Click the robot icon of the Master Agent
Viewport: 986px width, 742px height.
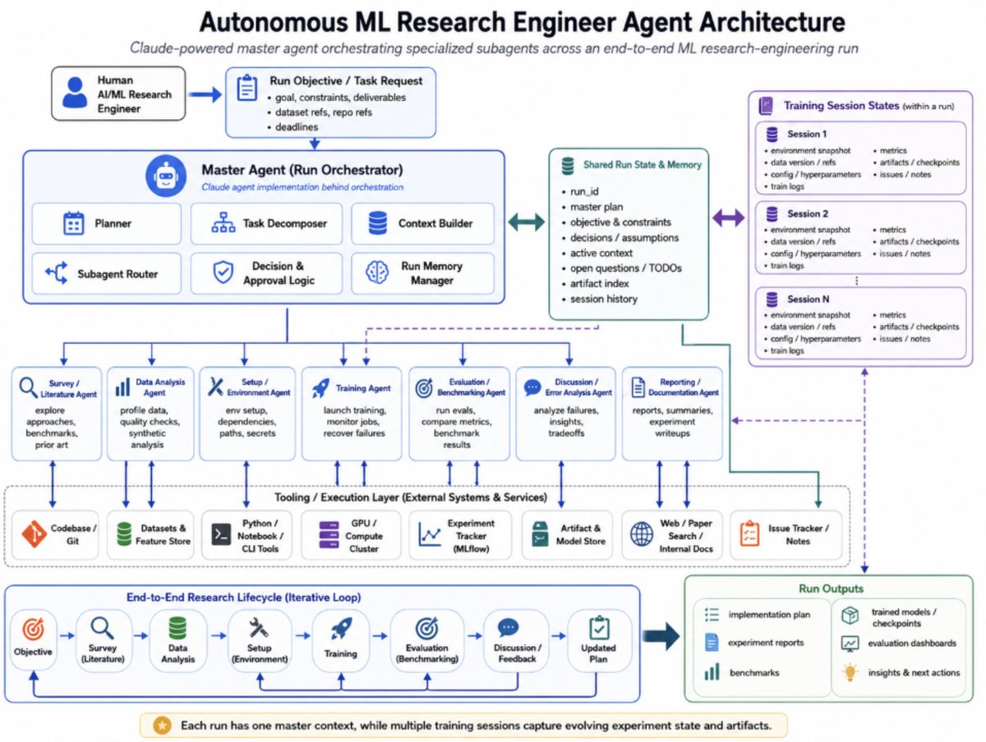(x=166, y=176)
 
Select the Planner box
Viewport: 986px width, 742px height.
(x=107, y=223)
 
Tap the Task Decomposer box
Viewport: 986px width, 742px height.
(x=266, y=223)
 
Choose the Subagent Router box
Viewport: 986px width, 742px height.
(x=107, y=273)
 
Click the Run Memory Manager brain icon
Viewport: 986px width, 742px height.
(x=377, y=273)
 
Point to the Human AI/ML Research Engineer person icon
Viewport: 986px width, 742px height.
(x=75, y=93)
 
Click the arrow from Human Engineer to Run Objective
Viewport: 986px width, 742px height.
(x=205, y=94)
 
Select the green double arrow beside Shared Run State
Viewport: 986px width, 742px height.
(x=527, y=222)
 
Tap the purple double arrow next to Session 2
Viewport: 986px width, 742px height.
(x=728, y=218)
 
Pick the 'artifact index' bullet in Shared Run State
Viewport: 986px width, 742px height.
(x=599, y=283)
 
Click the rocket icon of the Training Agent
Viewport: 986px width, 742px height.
(x=320, y=387)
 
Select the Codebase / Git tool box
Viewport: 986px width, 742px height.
(x=55, y=534)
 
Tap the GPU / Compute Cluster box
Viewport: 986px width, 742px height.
(x=350, y=534)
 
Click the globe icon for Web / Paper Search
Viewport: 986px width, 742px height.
(x=642, y=534)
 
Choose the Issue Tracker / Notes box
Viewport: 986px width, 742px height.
(x=786, y=534)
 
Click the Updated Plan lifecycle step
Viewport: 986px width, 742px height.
(x=599, y=640)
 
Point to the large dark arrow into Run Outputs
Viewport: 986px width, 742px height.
(x=661, y=636)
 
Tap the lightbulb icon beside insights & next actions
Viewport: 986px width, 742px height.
(x=850, y=672)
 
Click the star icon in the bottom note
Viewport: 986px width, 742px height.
(x=162, y=725)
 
